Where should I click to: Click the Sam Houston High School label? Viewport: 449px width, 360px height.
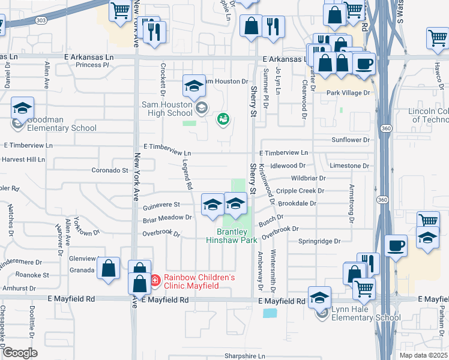pos(167,109)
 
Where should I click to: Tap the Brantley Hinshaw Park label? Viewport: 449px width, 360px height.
pos(232,236)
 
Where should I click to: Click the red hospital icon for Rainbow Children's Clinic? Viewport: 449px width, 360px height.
pos(155,279)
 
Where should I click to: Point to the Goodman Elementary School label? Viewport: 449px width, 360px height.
pos(61,124)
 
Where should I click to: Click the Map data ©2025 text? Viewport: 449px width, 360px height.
pos(424,355)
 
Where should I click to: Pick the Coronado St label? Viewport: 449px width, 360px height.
pos(110,170)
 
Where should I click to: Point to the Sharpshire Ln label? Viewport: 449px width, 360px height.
pos(245,356)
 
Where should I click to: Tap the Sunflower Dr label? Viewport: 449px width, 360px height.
pos(350,140)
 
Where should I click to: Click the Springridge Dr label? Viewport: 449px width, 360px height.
pos(319,241)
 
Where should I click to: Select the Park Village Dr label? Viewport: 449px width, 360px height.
pos(349,93)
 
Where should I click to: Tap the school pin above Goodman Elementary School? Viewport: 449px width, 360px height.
pos(23,109)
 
